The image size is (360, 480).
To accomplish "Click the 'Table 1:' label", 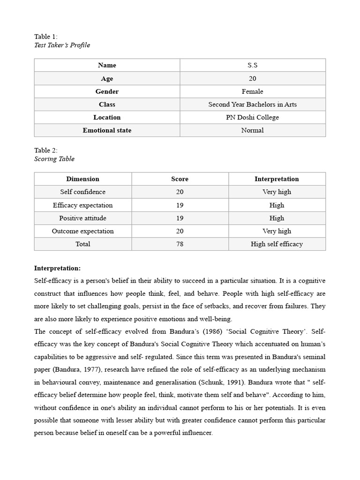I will (x=46, y=37).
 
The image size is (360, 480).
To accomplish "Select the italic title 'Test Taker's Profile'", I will (x=62, y=45).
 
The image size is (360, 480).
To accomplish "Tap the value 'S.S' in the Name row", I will (x=252, y=65).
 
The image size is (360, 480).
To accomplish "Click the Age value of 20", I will (x=252, y=78).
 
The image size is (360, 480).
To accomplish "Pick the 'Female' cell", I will (x=252, y=91).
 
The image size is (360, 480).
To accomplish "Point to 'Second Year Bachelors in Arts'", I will (x=252, y=105).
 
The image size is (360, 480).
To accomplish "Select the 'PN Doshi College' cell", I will (x=252, y=117).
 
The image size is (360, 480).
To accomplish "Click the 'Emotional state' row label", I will (x=107, y=130).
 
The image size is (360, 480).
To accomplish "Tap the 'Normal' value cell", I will (x=252, y=130).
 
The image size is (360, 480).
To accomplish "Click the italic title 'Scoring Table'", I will (x=54, y=159).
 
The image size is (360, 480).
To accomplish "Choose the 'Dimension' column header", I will (x=82, y=179).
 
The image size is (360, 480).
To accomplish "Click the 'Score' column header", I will (x=180, y=179).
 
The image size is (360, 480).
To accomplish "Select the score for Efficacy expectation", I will (x=180, y=205).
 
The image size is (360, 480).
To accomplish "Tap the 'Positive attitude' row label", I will (x=82, y=218).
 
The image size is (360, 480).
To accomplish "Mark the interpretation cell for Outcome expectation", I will (x=277, y=231).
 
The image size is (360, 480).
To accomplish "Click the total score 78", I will (x=180, y=244).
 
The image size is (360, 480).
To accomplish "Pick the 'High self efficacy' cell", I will (x=277, y=244).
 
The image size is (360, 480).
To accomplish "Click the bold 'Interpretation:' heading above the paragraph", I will (x=58, y=268).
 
